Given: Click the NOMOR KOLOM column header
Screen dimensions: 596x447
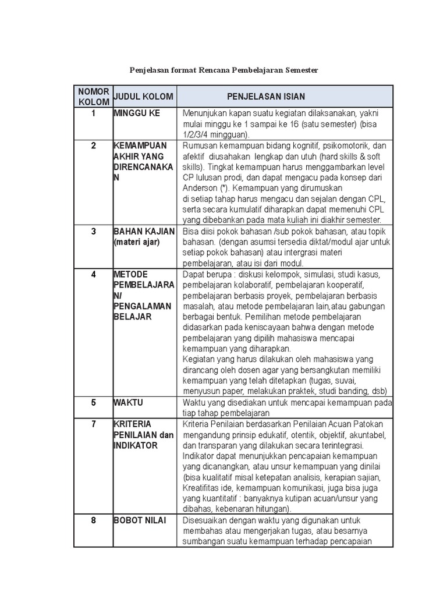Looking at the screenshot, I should [93, 96].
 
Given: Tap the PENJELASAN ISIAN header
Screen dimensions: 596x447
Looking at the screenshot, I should [266, 96].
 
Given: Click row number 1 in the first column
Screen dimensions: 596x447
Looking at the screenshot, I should [93, 113].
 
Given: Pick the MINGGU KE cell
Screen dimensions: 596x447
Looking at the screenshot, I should [137, 113].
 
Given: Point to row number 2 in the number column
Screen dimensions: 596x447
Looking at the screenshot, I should [93, 146].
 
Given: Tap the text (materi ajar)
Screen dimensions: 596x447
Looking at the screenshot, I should [136, 242].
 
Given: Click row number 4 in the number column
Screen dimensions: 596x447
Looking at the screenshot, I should [93, 274].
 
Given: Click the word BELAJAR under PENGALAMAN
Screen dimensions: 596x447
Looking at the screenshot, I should [133, 317].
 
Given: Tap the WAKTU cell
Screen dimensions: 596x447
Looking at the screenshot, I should [128, 402].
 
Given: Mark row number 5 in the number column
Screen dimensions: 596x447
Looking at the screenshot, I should [93, 402].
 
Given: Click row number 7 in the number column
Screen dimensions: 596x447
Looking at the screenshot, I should [93, 424].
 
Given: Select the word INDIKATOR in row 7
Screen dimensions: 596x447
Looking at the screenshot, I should [136, 445].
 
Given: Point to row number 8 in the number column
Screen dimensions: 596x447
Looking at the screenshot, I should [93, 520].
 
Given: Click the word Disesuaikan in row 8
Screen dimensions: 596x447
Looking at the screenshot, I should [207, 520].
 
